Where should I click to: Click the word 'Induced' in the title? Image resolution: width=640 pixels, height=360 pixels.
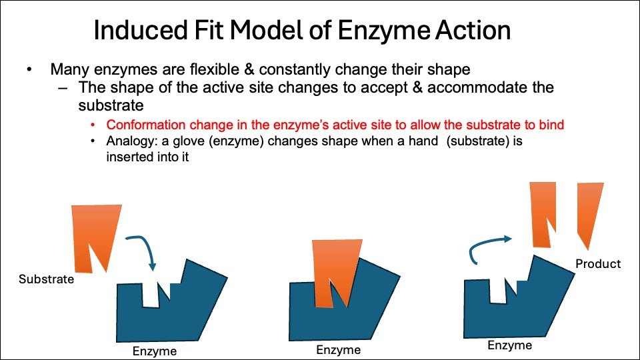[141, 30]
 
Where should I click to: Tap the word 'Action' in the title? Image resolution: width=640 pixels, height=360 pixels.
[473, 30]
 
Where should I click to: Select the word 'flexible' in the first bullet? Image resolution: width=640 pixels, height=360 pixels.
[214, 69]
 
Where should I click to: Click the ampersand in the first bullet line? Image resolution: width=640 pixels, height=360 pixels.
[249, 69]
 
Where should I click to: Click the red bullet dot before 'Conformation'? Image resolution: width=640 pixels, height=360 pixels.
[93, 125]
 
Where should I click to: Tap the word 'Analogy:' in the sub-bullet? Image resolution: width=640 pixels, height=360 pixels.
[132, 141]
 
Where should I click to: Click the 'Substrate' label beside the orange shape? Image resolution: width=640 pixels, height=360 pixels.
[47, 279]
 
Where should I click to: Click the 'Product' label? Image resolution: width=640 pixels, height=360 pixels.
[598, 264]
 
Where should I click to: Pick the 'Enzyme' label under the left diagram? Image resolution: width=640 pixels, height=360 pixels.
[154, 351]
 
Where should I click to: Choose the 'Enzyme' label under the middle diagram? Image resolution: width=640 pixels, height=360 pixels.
[339, 350]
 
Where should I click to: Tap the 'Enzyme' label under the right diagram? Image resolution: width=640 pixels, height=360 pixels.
[510, 345]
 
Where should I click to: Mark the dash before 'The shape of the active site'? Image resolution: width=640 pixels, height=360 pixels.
[63, 88]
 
